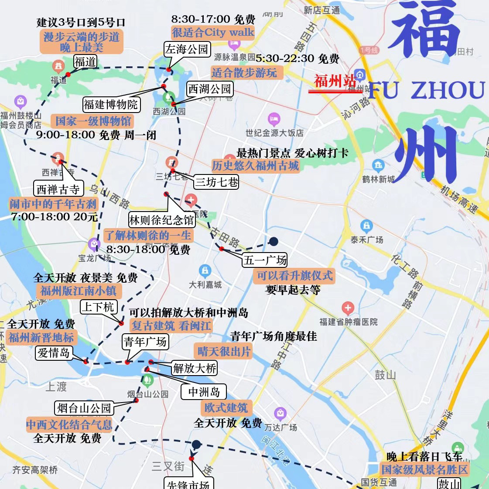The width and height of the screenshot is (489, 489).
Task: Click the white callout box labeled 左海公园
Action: coord(187,49)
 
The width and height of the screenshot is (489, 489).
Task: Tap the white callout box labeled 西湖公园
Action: coord(209,89)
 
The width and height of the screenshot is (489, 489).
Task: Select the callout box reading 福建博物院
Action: coord(111,104)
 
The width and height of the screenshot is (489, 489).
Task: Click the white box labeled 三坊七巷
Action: coord(216,181)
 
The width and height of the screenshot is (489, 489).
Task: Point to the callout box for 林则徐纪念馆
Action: coord(162,220)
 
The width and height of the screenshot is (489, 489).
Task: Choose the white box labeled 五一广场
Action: coord(265,260)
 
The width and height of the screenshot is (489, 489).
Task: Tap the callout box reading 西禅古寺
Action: coord(58,189)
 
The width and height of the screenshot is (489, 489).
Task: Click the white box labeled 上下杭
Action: coord(98,307)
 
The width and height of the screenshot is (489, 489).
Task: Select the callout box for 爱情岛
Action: coord(54,352)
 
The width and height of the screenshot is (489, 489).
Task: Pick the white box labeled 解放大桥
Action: coord(195,368)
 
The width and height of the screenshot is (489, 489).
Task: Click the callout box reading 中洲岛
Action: coord(204,392)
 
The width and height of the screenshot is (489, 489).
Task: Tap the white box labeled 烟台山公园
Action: coord(85,408)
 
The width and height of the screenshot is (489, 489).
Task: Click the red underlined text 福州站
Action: coord(335,82)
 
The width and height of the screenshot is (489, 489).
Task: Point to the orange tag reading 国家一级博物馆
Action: coord(93,121)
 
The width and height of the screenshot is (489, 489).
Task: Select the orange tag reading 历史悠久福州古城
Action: coord(255,166)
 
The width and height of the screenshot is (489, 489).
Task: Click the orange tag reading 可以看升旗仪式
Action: coord(294,276)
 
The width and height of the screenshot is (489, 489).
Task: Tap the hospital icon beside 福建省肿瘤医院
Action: coord(348,308)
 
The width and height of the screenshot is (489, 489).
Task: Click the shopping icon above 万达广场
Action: coord(280,413)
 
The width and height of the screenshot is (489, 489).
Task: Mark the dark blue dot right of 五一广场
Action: coord(274,241)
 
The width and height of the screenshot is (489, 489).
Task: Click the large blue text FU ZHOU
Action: coord(426,90)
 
